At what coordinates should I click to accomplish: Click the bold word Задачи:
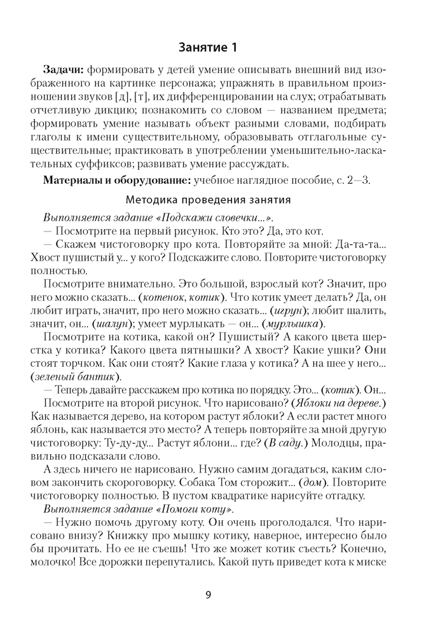[x=64, y=69]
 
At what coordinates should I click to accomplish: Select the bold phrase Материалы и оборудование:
[x=117, y=180]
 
